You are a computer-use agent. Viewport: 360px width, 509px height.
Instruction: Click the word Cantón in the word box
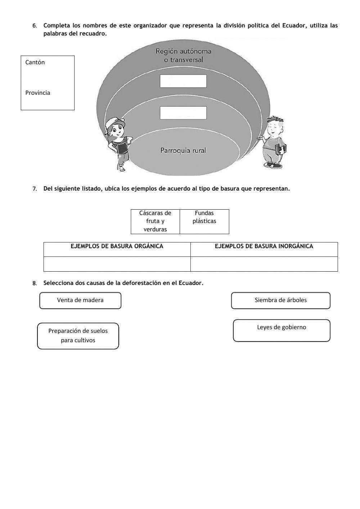click(35, 62)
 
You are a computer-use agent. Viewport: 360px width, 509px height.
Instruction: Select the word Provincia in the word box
click(38, 93)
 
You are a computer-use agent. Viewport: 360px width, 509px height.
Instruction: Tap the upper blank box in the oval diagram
click(183, 81)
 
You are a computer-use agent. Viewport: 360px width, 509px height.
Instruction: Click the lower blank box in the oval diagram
click(183, 113)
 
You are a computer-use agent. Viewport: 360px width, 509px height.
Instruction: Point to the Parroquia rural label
click(183, 151)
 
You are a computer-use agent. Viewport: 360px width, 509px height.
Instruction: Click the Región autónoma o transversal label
click(183, 55)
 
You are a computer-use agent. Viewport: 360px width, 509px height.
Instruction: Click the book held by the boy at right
click(281, 148)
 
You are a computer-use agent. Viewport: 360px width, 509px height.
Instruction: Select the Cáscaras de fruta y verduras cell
click(155, 221)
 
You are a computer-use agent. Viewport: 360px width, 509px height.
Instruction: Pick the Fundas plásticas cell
click(204, 217)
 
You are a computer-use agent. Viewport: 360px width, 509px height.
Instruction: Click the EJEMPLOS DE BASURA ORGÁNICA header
click(117, 246)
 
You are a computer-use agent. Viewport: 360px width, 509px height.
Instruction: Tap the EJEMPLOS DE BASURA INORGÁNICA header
click(264, 246)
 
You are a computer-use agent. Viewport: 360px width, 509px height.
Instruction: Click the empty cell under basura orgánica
click(117, 264)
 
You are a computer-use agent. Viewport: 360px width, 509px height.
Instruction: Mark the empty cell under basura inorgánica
click(264, 264)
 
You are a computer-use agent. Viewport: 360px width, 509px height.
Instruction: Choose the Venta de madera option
click(80, 300)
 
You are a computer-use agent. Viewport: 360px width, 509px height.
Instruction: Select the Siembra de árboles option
click(280, 300)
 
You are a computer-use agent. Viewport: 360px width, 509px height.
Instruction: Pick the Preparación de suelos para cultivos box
click(78, 336)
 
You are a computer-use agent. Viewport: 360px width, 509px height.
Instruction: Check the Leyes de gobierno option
click(282, 330)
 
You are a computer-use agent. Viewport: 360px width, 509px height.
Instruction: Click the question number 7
click(35, 189)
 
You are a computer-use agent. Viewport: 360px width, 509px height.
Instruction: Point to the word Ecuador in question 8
click(190, 283)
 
